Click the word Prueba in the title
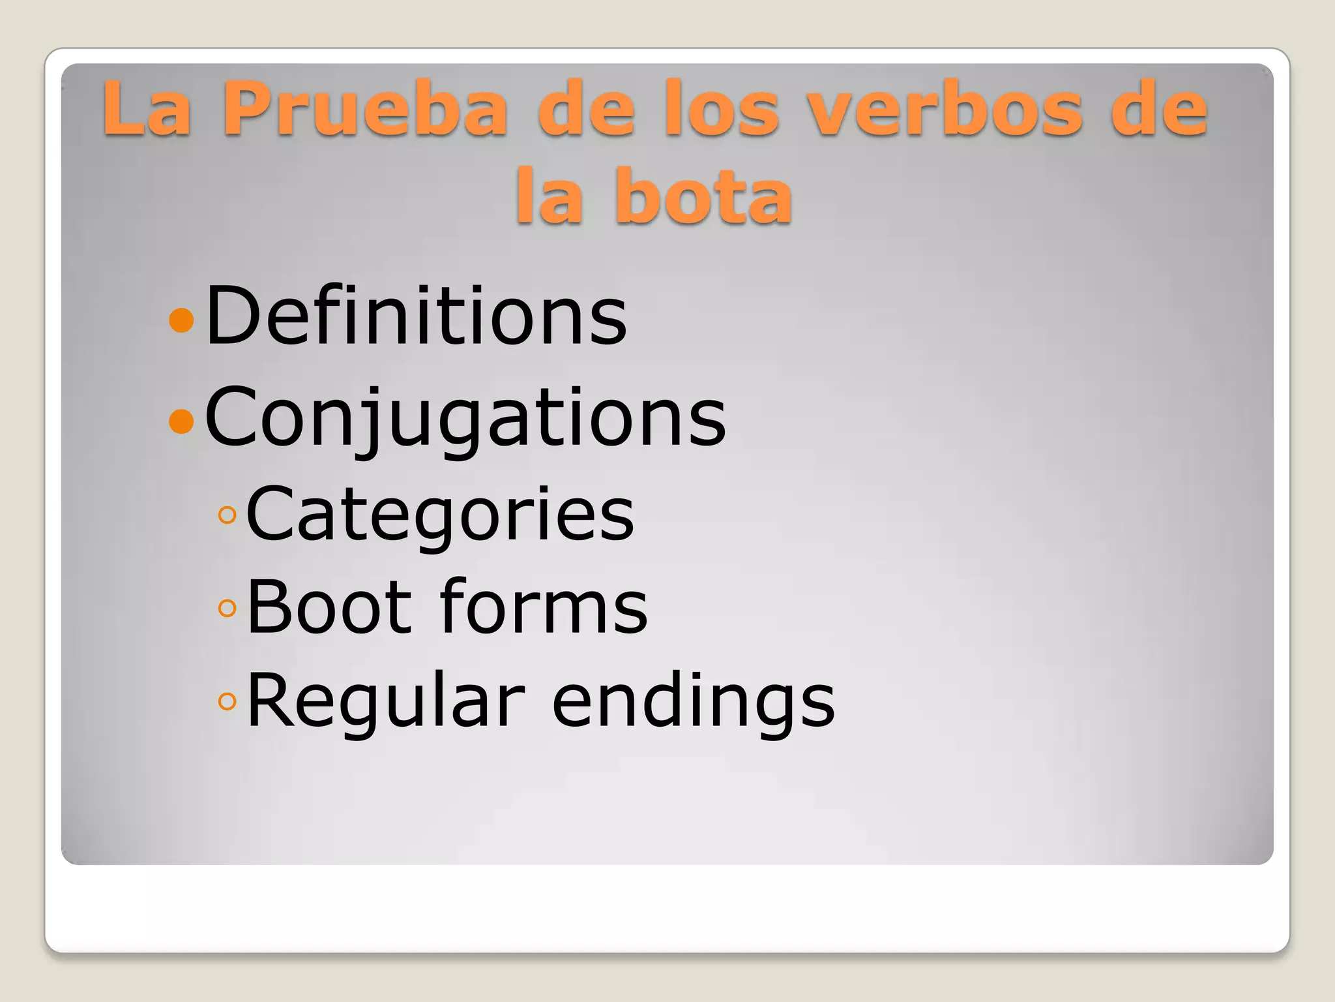[x=365, y=110]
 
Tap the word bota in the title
[x=704, y=196]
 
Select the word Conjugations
[x=465, y=417]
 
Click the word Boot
[x=330, y=608]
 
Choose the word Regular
[x=386, y=701]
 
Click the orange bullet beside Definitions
[x=181, y=320]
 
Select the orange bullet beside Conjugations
[x=181, y=421]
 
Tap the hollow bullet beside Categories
[x=227, y=516]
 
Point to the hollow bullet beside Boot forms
[x=227, y=609]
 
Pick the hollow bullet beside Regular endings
[x=227, y=702]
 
